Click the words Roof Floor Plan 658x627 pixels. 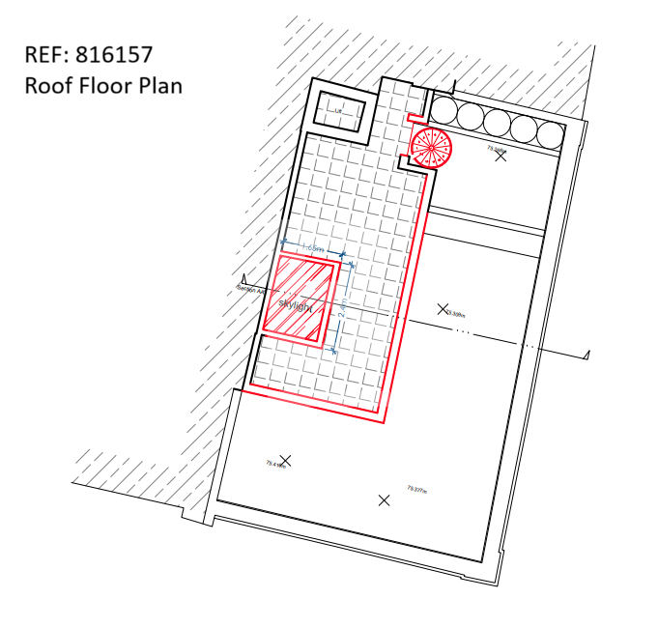tap(103, 85)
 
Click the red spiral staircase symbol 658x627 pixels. tap(431, 148)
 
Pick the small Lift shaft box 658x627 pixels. tap(339, 111)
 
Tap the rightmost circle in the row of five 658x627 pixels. tap(552, 133)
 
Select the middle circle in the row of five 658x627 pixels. tap(498, 124)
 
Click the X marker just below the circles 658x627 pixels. tap(500, 156)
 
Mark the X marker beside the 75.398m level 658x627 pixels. tap(443, 309)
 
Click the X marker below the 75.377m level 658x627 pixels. tap(384, 499)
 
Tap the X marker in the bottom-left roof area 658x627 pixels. tap(285, 460)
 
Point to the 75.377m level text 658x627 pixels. tap(417, 489)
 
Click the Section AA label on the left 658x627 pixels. tap(250, 288)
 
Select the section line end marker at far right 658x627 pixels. tap(586, 356)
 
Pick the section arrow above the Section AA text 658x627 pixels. tap(243, 277)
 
